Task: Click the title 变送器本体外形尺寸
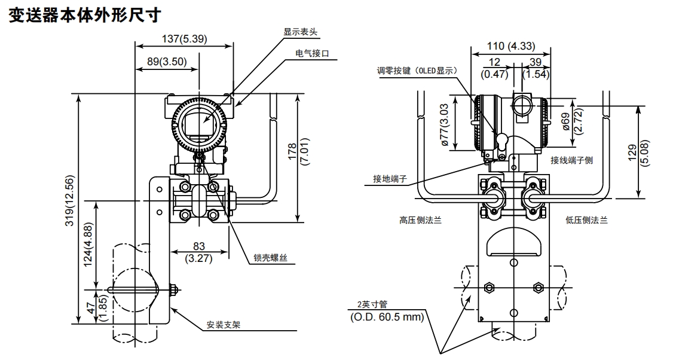85,15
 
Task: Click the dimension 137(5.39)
184,39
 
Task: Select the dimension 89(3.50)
167,60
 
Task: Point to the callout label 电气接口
313,53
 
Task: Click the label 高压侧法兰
420,220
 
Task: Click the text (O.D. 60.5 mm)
387,316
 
